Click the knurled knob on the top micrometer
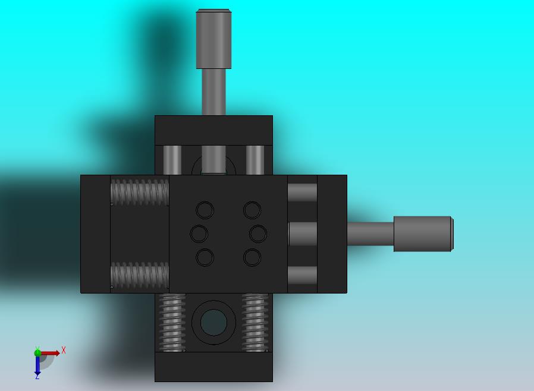tap(213, 39)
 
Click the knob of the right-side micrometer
tap(423, 234)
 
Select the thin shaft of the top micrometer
tap(213, 92)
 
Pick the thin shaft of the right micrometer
tap(370, 234)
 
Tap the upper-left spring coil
tap(140, 193)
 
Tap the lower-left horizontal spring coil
tap(140, 275)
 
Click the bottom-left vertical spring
tap(172, 323)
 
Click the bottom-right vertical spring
tap(255, 323)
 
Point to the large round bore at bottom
tap(213, 322)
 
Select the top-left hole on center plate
tap(205, 210)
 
